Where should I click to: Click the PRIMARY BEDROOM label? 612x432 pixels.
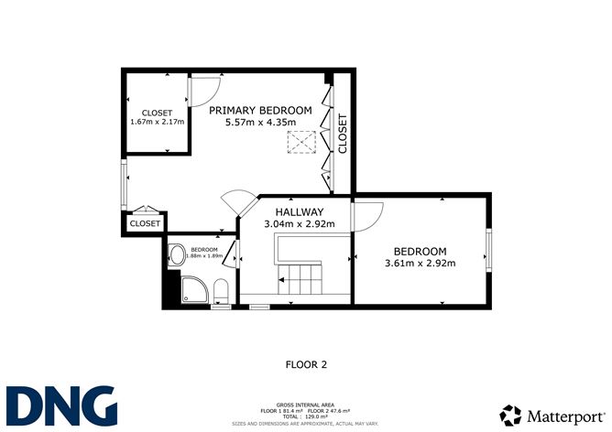click(260, 110)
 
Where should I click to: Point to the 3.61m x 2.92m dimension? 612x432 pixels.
click(420, 264)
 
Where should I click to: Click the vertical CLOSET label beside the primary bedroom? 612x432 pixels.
click(344, 134)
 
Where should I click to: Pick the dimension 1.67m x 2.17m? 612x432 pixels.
click(158, 121)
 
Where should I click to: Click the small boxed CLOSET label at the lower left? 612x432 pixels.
click(145, 222)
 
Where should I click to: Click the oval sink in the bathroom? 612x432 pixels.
click(176, 255)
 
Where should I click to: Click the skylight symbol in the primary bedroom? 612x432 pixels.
click(300, 142)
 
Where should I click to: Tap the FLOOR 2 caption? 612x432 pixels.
click(306, 364)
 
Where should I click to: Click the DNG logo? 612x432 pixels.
click(62, 405)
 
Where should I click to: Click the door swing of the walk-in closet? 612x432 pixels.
click(203, 90)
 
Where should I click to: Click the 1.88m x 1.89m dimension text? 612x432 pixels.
click(203, 256)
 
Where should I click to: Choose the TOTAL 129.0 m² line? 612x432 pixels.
click(306, 416)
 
